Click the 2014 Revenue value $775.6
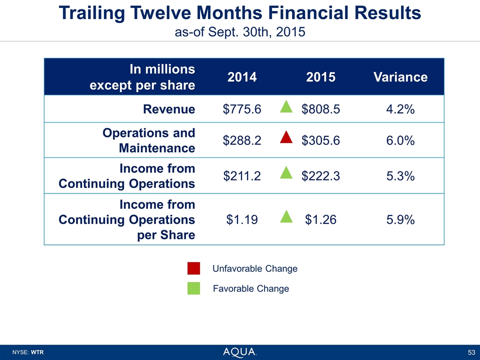click(242, 109)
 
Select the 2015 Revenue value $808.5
click(321, 109)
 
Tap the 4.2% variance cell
click(400, 109)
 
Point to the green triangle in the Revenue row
click(286, 106)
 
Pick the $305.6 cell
click(321, 141)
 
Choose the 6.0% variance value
click(400, 141)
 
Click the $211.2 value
click(242, 176)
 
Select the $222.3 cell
click(321, 176)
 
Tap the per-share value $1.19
click(242, 219)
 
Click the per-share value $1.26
click(321, 219)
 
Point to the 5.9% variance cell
click(400, 219)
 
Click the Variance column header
click(400, 77)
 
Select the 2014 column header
click(242, 77)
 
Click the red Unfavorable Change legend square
click(194, 268)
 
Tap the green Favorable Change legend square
click(194, 288)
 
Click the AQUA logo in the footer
click(240, 352)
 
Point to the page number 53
click(471, 352)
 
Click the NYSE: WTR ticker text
click(28, 352)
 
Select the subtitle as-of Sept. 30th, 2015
click(240, 32)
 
